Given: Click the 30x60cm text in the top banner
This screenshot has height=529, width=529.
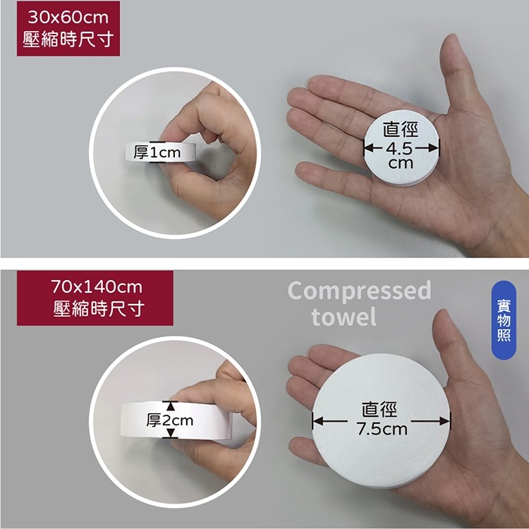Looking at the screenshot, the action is (x=68, y=17).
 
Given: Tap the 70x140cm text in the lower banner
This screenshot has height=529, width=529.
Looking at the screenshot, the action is (x=97, y=287).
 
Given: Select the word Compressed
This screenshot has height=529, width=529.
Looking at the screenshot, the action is (x=359, y=291).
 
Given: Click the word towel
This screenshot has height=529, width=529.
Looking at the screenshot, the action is (x=343, y=316).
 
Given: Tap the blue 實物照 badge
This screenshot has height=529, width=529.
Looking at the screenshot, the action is (x=504, y=320).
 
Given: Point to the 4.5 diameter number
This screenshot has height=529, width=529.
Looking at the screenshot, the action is (x=401, y=148).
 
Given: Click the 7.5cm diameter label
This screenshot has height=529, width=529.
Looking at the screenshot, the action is (x=382, y=429).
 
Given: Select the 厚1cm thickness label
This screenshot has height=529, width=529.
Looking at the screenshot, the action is (x=157, y=152).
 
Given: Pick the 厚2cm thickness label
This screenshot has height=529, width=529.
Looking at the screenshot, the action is (x=170, y=420).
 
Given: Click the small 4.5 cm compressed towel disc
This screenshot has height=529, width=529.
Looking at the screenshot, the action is (x=401, y=148).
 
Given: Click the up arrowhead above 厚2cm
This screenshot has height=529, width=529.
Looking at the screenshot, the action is (x=171, y=406).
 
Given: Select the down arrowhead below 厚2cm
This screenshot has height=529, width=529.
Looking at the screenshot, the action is (x=171, y=433).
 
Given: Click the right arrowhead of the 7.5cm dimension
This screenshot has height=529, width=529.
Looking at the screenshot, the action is (x=444, y=421).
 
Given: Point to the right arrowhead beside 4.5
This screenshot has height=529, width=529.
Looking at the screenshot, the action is (x=433, y=148).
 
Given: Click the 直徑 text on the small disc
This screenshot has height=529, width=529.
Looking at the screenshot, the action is (x=401, y=130).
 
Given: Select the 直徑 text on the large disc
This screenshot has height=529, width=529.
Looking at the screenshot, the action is (x=379, y=409).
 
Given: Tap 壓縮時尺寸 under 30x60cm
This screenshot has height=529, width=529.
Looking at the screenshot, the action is (x=68, y=39).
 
